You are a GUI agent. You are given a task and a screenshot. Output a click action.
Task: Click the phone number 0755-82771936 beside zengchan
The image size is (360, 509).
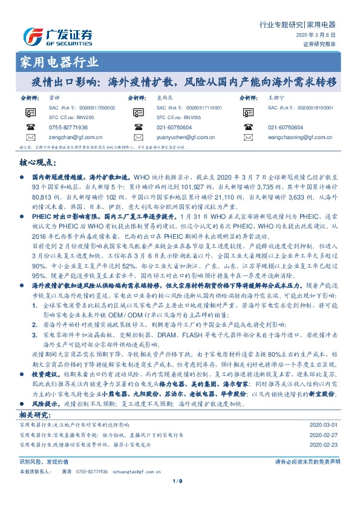point(68,128)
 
